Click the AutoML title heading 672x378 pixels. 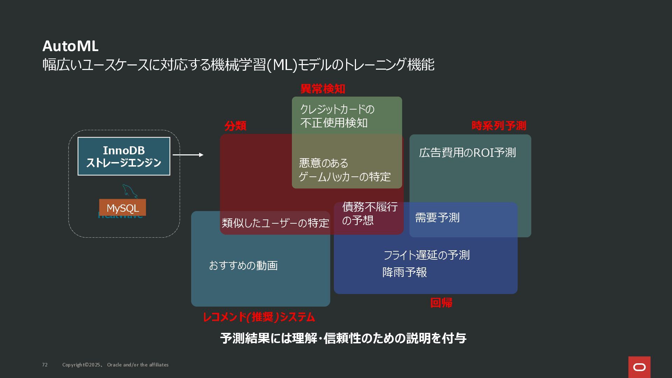click(x=70, y=46)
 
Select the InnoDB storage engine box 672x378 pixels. click(x=124, y=156)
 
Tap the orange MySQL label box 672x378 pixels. click(x=122, y=208)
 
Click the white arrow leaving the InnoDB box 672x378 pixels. click(x=188, y=155)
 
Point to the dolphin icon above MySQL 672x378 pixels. click(x=129, y=191)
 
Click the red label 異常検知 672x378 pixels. click(x=323, y=89)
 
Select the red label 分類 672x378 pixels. click(x=235, y=126)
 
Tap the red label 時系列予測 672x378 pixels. click(x=499, y=126)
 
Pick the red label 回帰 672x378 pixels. click(x=441, y=303)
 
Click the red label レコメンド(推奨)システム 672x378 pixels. click(x=259, y=317)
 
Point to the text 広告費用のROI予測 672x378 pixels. click(x=467, y=153)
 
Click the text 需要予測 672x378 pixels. click(x=437, y=218)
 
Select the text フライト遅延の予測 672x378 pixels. click(x=426, y=255)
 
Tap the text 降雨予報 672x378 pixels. click(x=405, y=272)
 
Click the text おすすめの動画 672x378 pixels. click(x=243, y=266)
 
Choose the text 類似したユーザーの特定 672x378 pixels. click(x=275, y=223)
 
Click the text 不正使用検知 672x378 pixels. click(x=334, y=123)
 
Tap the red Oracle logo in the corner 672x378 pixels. click(x=639, y=367)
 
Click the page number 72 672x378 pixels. click(x=45, y=365)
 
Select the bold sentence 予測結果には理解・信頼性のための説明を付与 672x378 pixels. click(x=343, y=338)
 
